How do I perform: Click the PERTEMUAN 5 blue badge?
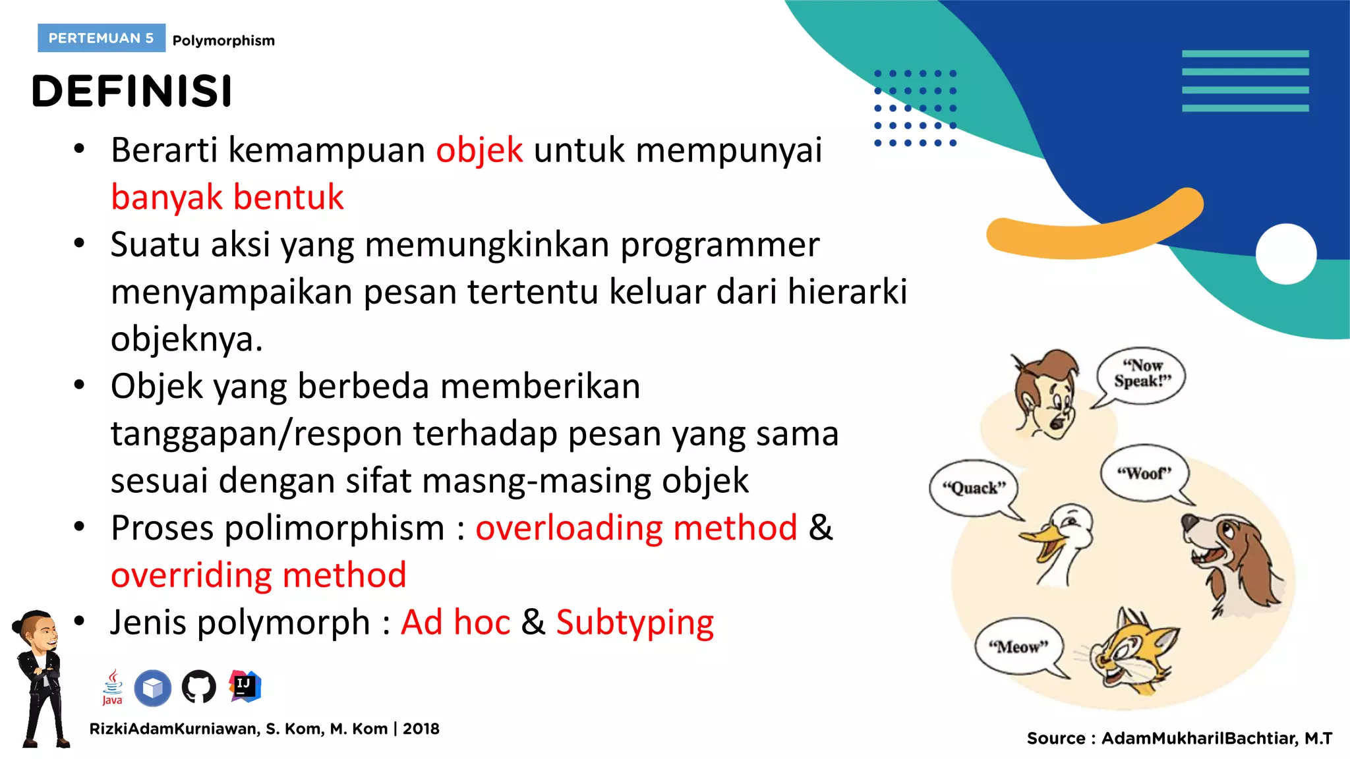(101, 38)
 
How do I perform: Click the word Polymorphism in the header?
(223, 41)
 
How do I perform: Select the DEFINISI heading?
(132, 91)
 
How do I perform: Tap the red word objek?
(479, 150)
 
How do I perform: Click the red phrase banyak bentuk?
(227, 197)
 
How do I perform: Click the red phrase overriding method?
(258, 575)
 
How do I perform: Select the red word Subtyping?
(635, 623)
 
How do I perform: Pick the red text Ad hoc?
(455, 623)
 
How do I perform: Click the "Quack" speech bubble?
(974, 488)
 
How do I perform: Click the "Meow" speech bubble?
(1018, 646)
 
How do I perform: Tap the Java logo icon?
(113, 687)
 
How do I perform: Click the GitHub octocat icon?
(198, 687)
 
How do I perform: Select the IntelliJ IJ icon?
(245, 686)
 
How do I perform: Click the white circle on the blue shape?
(1285, 254)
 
